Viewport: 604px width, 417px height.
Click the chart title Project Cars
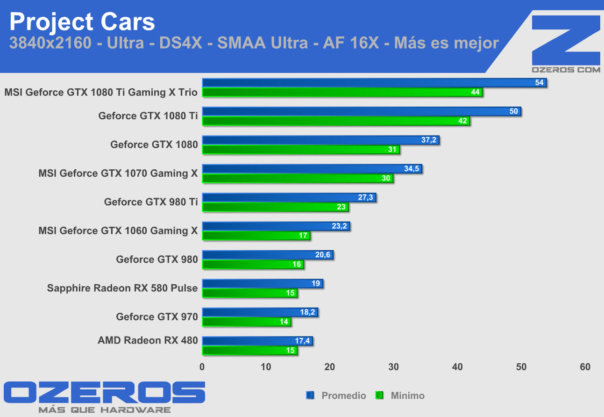pyautogui.click(x=82, y=22)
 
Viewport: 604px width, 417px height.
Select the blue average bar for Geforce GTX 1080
pyautogui.click(x=320, y=140)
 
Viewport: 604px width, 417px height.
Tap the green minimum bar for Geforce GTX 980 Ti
pyautogui.click(x=275, y=207)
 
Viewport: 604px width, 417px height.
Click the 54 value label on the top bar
pyautogui.click(x=539, y=83)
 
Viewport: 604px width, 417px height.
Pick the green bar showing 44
pyautogui.click(x=342, y=92)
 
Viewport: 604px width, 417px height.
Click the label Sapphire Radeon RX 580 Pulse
pyautogui.click(x=122, y=288)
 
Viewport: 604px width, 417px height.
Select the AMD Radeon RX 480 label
pyautogui.click(x=148, y=340)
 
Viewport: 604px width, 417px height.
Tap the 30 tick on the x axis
pyautogui.click(x=394, y=367)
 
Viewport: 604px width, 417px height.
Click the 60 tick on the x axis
pyautogui.click(x=585, y=367)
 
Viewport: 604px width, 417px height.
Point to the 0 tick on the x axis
pyautogui.click(x=202, y=367)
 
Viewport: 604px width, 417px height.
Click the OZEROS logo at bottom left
pyautogui.click(x=105, y=393)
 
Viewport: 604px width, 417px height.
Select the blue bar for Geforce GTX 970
pyautogui.click(x=260, y=312)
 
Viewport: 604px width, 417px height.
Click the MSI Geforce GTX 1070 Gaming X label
pyautogui.click(x=118, y=173)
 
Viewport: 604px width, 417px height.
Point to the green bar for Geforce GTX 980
pyautogui.click(x=253, y=265)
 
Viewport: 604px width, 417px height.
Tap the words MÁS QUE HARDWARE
pyautogui.click(x=105, y=410)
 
